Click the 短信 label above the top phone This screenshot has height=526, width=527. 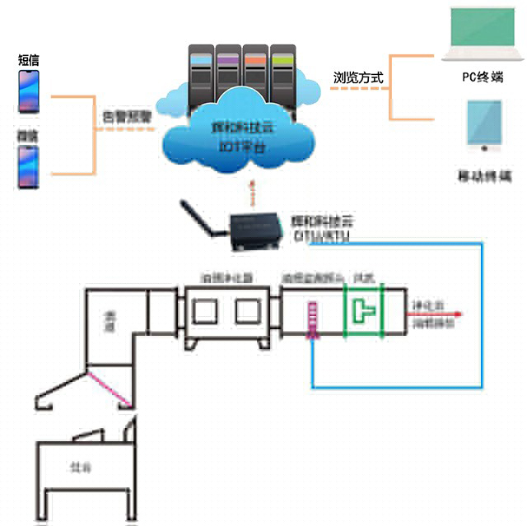click(x=28, y=60)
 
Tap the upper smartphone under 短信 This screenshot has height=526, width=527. click(x=29, y=91)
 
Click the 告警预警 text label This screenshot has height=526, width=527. click(x=126, y=117)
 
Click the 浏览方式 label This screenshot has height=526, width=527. click(x=358, y=78)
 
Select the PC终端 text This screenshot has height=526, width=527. click(x=483, y=77)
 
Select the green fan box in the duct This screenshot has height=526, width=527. click(x=362, y=311)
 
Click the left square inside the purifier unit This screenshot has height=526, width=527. click(x=205, y=311)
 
